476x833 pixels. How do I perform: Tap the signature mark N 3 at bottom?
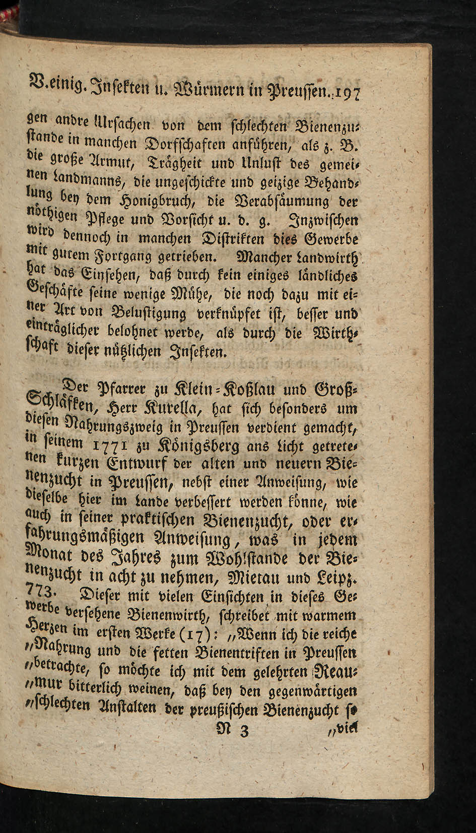[236, 729]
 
